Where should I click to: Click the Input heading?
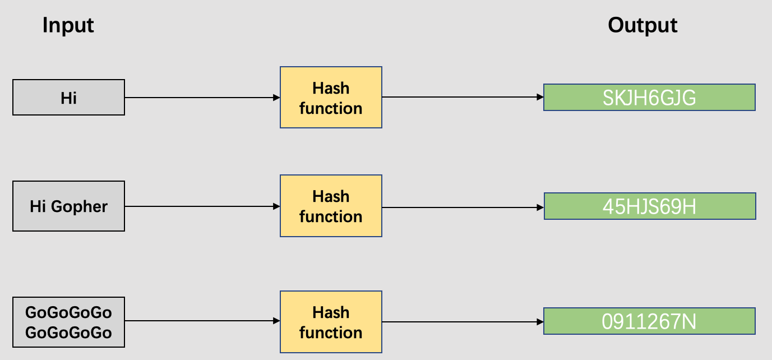tap(68, 25)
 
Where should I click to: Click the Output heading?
tap(642, 25)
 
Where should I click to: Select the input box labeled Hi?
tap(68, 98)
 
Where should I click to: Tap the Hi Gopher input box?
tap(68, 206)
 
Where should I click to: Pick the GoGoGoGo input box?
tap(68, 322)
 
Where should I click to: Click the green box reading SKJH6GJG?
tap(649, 98)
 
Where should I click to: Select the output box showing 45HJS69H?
tap(649, 206)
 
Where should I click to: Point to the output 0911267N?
tap(649, 321)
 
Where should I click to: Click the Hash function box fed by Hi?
tap(331, 98)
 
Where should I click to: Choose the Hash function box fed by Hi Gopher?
tap(331, 206)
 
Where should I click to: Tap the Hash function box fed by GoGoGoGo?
tap(331, 322)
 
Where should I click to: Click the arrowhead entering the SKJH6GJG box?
tap(540, 98)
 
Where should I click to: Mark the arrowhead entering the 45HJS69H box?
tap(540, 206)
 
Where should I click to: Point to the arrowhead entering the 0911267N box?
tap(540, 322)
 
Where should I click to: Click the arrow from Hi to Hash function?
tap(202, 98)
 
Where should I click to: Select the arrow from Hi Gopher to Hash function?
tap(202, 206)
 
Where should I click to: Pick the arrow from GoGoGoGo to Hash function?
tap(202, 321)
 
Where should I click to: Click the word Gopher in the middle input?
tap(79, 207)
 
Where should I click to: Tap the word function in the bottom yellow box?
tap(331, 333)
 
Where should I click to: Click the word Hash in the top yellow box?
tap(331, 88)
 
